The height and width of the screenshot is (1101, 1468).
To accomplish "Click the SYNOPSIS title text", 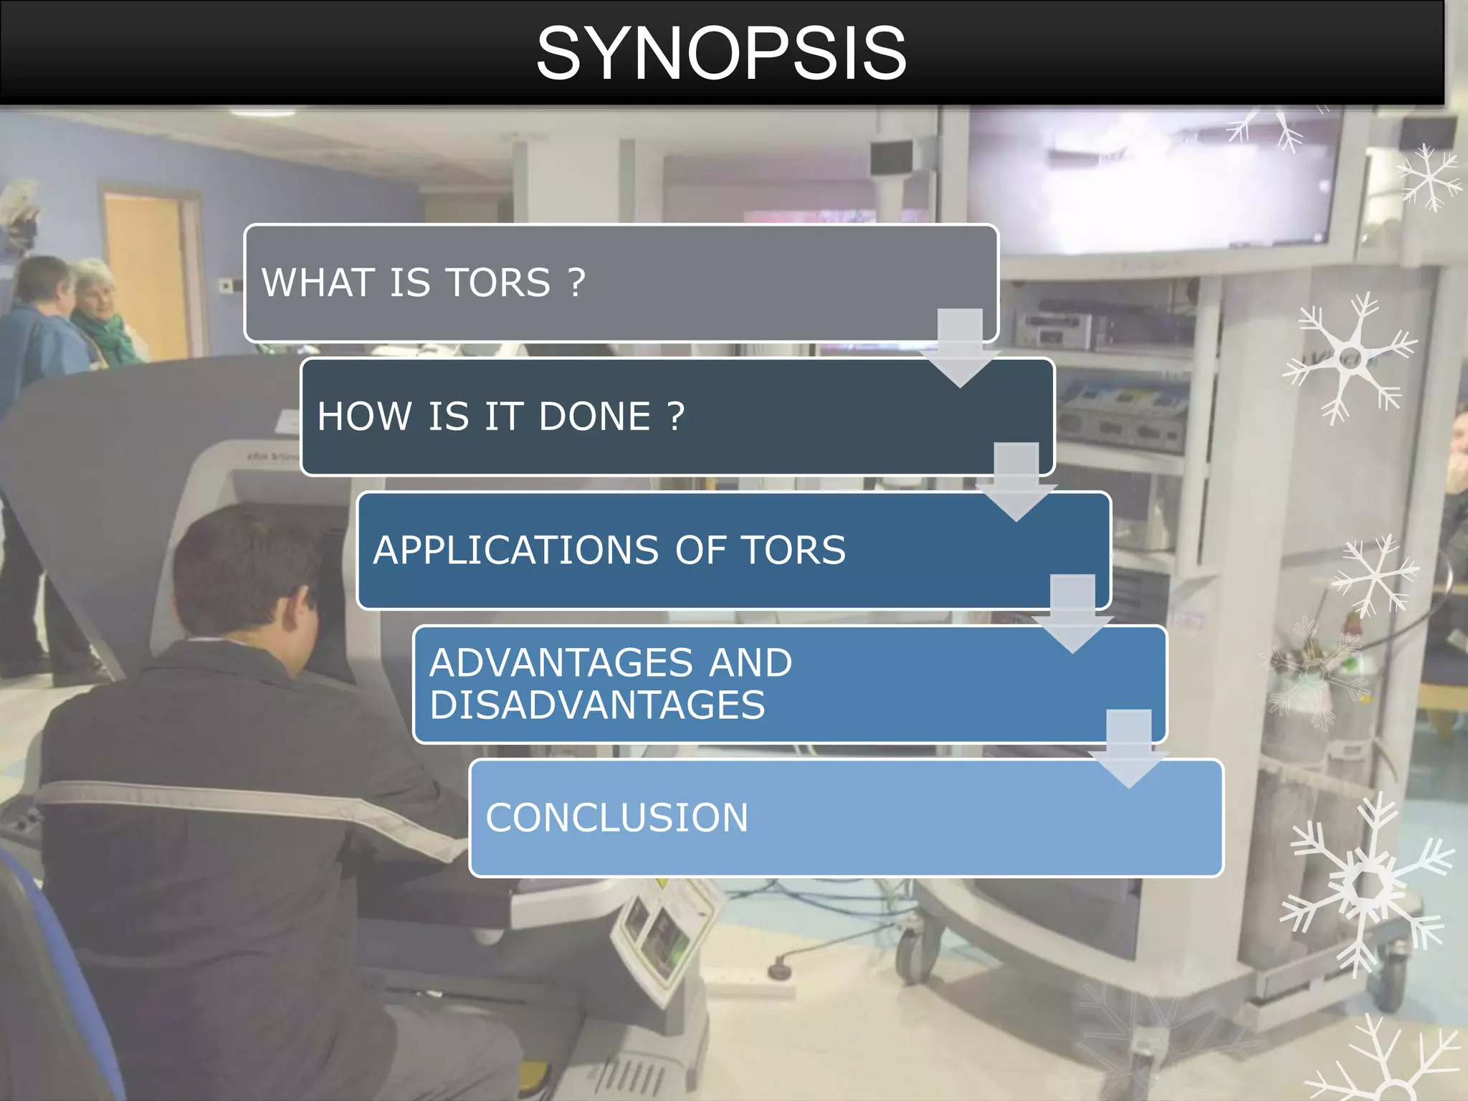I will pyautogui.click(x=721, y=53).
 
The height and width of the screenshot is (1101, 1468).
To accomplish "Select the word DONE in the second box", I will pyautogui.click(x=594, y=416).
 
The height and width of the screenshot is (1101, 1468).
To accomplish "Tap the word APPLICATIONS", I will pyautogui.click(x=515, y=550).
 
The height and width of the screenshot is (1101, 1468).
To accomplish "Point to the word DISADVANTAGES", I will pyautogui.click(x=597, y=705).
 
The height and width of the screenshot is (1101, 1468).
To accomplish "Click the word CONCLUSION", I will pyautogui.click(x=616, y=818).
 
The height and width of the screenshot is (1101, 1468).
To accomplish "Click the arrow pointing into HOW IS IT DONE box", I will pyautogui.click(x=960, y=351).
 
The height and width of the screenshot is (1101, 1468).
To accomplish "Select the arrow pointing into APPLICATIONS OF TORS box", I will pyautogui.click(x=1016, y=485).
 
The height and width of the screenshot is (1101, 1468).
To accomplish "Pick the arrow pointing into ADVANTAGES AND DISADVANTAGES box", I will pyautogui.click(x=1072, y=617).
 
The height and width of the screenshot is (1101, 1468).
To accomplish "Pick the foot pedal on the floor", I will pyautogui.click(x=778, y=971).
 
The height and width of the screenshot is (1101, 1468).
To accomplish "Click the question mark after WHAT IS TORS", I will pyautogui.click(x=576, y=282).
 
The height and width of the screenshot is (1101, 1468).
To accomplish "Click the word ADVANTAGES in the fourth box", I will pyautogui.click(x=561, y=662).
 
